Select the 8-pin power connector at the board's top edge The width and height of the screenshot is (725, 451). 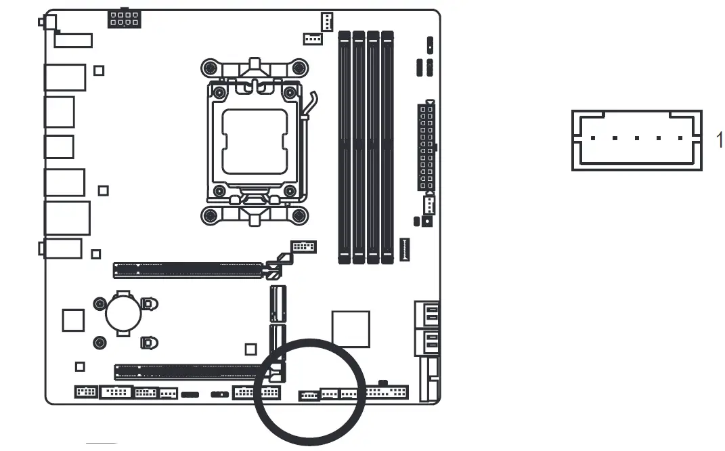point(124,18)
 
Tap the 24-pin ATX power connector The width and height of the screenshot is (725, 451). point(426,146)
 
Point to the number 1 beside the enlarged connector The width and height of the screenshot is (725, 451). point(719,140)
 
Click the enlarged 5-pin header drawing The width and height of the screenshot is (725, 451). point(636,140)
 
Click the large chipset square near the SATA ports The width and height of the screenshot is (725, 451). point(351,328)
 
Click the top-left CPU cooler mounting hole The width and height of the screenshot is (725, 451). point(211,68)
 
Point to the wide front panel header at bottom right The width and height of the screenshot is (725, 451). point(387,392)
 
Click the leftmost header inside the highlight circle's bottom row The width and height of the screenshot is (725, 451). point(309,395)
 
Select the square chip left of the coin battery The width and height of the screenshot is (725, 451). point(73,320)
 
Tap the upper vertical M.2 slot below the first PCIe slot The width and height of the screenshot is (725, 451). point(278,303)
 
